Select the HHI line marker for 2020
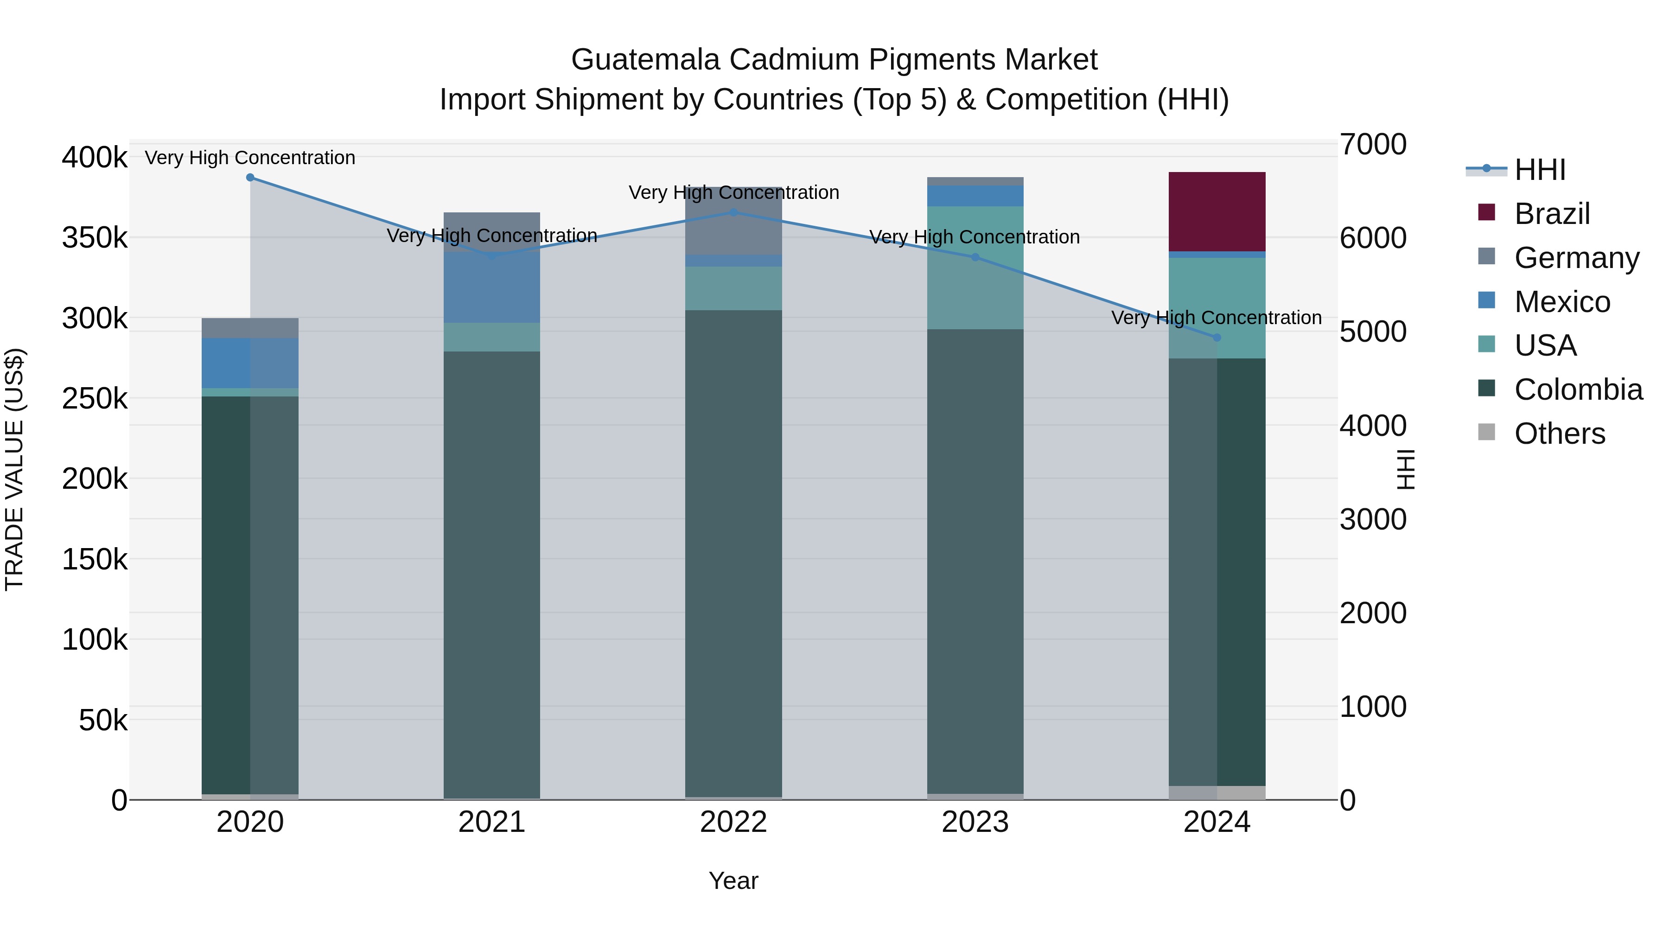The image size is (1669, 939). pos(250,178)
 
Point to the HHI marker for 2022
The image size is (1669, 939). pos(733,212)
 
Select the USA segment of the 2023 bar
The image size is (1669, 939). pos(975,267)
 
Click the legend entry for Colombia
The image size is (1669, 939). pos(1578,390)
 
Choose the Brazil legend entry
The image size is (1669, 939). pos(1552,214)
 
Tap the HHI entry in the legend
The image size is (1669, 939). pos(1539,170)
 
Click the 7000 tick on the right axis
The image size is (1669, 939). pos(1373,145)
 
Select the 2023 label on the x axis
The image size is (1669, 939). pos(975,822)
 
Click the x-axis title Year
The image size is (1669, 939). pos(733,881)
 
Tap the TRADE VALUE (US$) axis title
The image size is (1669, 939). pos(14,469)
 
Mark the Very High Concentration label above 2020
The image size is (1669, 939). pos(250,158)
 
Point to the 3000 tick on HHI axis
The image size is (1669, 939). pos(1373,520)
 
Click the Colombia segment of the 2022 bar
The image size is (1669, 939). pos(733,551)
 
